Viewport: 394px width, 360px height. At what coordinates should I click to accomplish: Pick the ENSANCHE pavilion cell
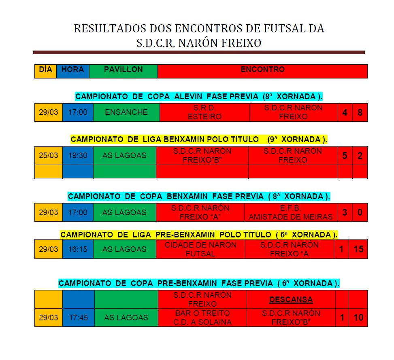pos(126,112)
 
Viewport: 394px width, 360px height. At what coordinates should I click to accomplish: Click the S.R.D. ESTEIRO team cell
pos(204,112)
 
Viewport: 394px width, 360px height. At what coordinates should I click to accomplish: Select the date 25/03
pos(49,155)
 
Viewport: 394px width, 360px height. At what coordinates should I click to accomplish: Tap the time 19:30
pos(78,155)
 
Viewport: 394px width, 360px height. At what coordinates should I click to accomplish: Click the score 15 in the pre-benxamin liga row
pos(358,249)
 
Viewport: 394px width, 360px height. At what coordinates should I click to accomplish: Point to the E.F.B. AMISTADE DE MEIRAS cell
pos(290,212)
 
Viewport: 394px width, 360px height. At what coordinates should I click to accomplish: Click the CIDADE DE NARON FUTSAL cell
pos(200,249)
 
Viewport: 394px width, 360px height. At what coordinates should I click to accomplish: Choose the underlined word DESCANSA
pos(291,300)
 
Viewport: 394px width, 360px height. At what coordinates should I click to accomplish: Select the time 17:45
pos(78,318)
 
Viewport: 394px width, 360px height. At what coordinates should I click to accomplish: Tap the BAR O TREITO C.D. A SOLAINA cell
pos(202,318)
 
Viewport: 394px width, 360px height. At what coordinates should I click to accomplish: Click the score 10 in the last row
pos(358,318)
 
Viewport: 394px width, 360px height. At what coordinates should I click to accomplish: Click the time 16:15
pos(78,249)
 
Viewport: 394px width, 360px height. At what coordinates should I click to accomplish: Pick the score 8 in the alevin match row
pos(360,112)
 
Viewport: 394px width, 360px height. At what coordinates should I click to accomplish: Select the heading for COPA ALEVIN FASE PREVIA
pos(201,96)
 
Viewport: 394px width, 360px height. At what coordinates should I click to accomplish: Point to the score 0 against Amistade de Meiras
pos(360,212)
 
